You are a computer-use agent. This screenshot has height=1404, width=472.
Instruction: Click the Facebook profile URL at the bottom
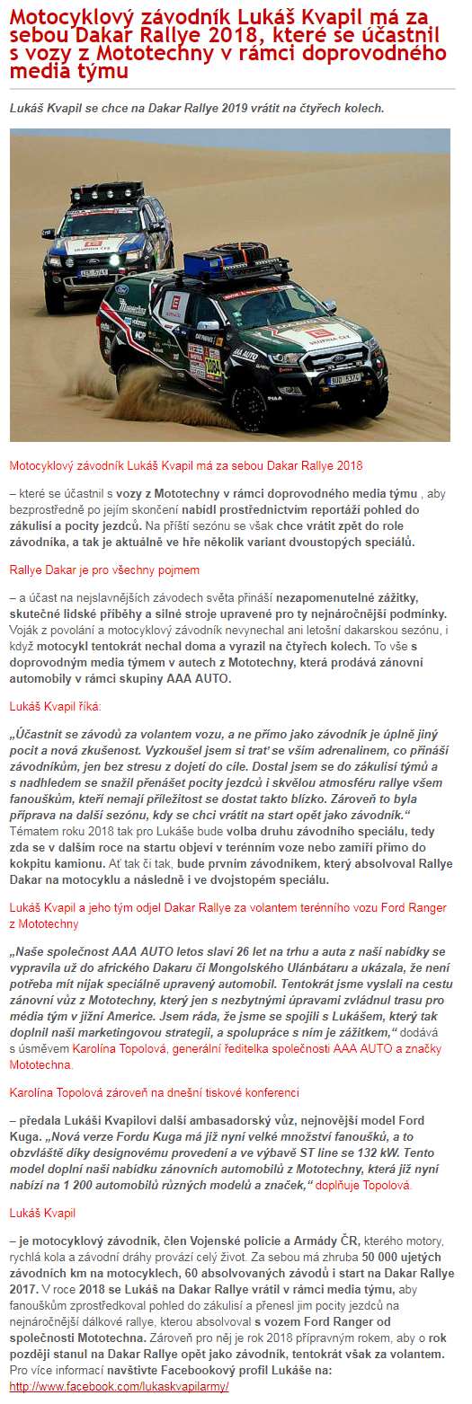(x=119, y=1386)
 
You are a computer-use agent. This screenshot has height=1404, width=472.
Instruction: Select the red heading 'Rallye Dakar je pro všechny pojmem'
(x=104, y=570)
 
